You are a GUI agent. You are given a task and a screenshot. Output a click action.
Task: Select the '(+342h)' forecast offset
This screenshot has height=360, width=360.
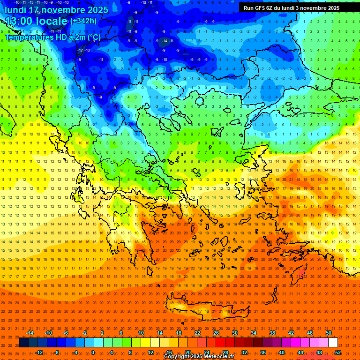84,21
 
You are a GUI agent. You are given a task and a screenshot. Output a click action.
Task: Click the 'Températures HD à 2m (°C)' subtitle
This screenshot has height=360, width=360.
52,37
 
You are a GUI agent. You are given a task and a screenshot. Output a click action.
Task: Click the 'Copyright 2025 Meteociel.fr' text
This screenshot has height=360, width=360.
199,357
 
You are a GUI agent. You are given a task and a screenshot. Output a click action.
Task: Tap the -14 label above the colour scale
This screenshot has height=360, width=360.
30,333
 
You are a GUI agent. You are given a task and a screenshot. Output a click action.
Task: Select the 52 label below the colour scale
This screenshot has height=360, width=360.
338,352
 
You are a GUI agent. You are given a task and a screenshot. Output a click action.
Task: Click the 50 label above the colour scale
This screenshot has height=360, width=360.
329,333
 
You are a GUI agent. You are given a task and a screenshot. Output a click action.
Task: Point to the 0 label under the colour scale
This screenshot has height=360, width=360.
93,352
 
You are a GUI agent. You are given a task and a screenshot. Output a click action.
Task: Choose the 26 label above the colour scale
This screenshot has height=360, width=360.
216,333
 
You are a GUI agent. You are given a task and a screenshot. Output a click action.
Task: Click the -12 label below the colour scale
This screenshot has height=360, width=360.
39,352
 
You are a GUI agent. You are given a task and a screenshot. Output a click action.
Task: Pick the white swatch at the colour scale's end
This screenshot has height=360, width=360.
333,343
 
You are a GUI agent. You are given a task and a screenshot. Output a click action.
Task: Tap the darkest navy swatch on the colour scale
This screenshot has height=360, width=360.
23,343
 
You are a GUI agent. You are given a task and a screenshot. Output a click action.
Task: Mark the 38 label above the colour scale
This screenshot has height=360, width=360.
272,333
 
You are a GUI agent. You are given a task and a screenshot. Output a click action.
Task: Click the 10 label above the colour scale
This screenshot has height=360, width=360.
141,333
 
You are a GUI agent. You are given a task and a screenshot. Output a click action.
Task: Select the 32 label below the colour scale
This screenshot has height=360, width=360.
244,352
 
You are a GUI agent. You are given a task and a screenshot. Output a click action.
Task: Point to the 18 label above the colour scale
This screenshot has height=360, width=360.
179,333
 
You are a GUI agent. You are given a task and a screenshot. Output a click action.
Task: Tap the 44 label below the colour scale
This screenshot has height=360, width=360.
300,352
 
